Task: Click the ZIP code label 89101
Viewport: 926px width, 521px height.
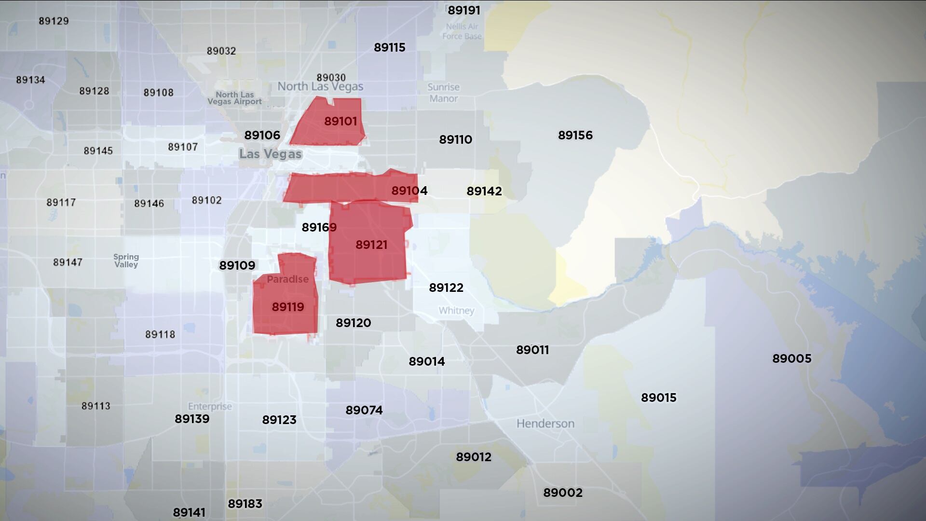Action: click(x=340, y=121)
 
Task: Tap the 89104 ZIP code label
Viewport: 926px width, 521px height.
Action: click(x=409, y=191)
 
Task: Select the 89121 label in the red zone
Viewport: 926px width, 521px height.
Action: click(x=371, y=245)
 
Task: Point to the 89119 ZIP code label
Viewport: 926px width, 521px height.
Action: click(x=288, y=307)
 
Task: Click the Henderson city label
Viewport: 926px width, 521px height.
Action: click(x=545, y=424)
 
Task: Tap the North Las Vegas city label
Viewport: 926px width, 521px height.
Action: click(x=320, y=87)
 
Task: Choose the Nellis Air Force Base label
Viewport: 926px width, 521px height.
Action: click(x=462, y=31)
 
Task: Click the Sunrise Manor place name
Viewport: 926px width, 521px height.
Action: click(x=444, y=93)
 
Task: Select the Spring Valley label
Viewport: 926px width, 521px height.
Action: click(x=126, y=260)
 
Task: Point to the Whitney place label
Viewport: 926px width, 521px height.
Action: click(x=456, y=311)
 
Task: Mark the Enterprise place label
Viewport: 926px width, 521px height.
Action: click(x=210, y=406)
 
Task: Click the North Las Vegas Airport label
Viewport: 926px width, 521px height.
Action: click(x=234, y=98)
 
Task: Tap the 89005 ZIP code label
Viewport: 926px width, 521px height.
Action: click(x=792, y=358)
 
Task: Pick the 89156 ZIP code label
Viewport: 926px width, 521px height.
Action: click(x=575, y=135)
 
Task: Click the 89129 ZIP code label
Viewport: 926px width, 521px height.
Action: click(x=54, y=21)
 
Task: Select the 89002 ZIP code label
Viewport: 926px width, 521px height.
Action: click(x=563, y=493)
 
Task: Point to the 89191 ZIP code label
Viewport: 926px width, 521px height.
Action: click(x=463, y=10)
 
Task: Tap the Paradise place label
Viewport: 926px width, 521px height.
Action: click(x=287, y=279)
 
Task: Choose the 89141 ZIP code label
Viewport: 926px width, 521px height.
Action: click(x=189, y=512)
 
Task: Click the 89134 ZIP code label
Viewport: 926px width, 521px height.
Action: click(x=30, y=80)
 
